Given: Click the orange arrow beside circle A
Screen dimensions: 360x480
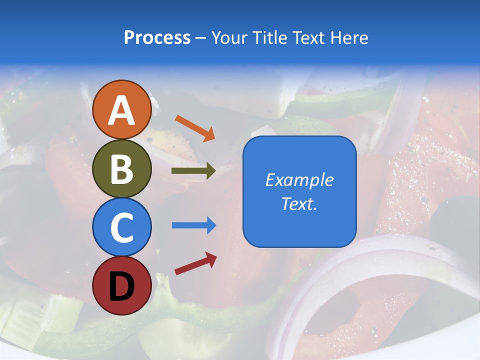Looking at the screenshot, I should pos(195,128).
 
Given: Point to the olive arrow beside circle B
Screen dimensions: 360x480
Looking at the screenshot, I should pos(193,171).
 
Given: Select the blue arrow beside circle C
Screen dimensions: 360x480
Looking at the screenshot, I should pos(194,225).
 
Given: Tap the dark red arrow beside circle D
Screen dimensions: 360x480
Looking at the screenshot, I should pos(195,263).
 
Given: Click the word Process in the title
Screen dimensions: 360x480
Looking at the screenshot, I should pos(157,37).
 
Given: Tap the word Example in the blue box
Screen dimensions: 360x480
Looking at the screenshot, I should pos(299,180).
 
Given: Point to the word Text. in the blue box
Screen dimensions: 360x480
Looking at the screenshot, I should pos(299,204).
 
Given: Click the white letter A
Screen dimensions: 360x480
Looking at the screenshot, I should pos(121,111).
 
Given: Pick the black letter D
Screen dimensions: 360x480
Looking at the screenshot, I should pos(121,286).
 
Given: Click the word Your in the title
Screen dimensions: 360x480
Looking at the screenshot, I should pos(228,37).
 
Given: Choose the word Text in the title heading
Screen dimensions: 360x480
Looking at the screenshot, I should pos(309,37).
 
